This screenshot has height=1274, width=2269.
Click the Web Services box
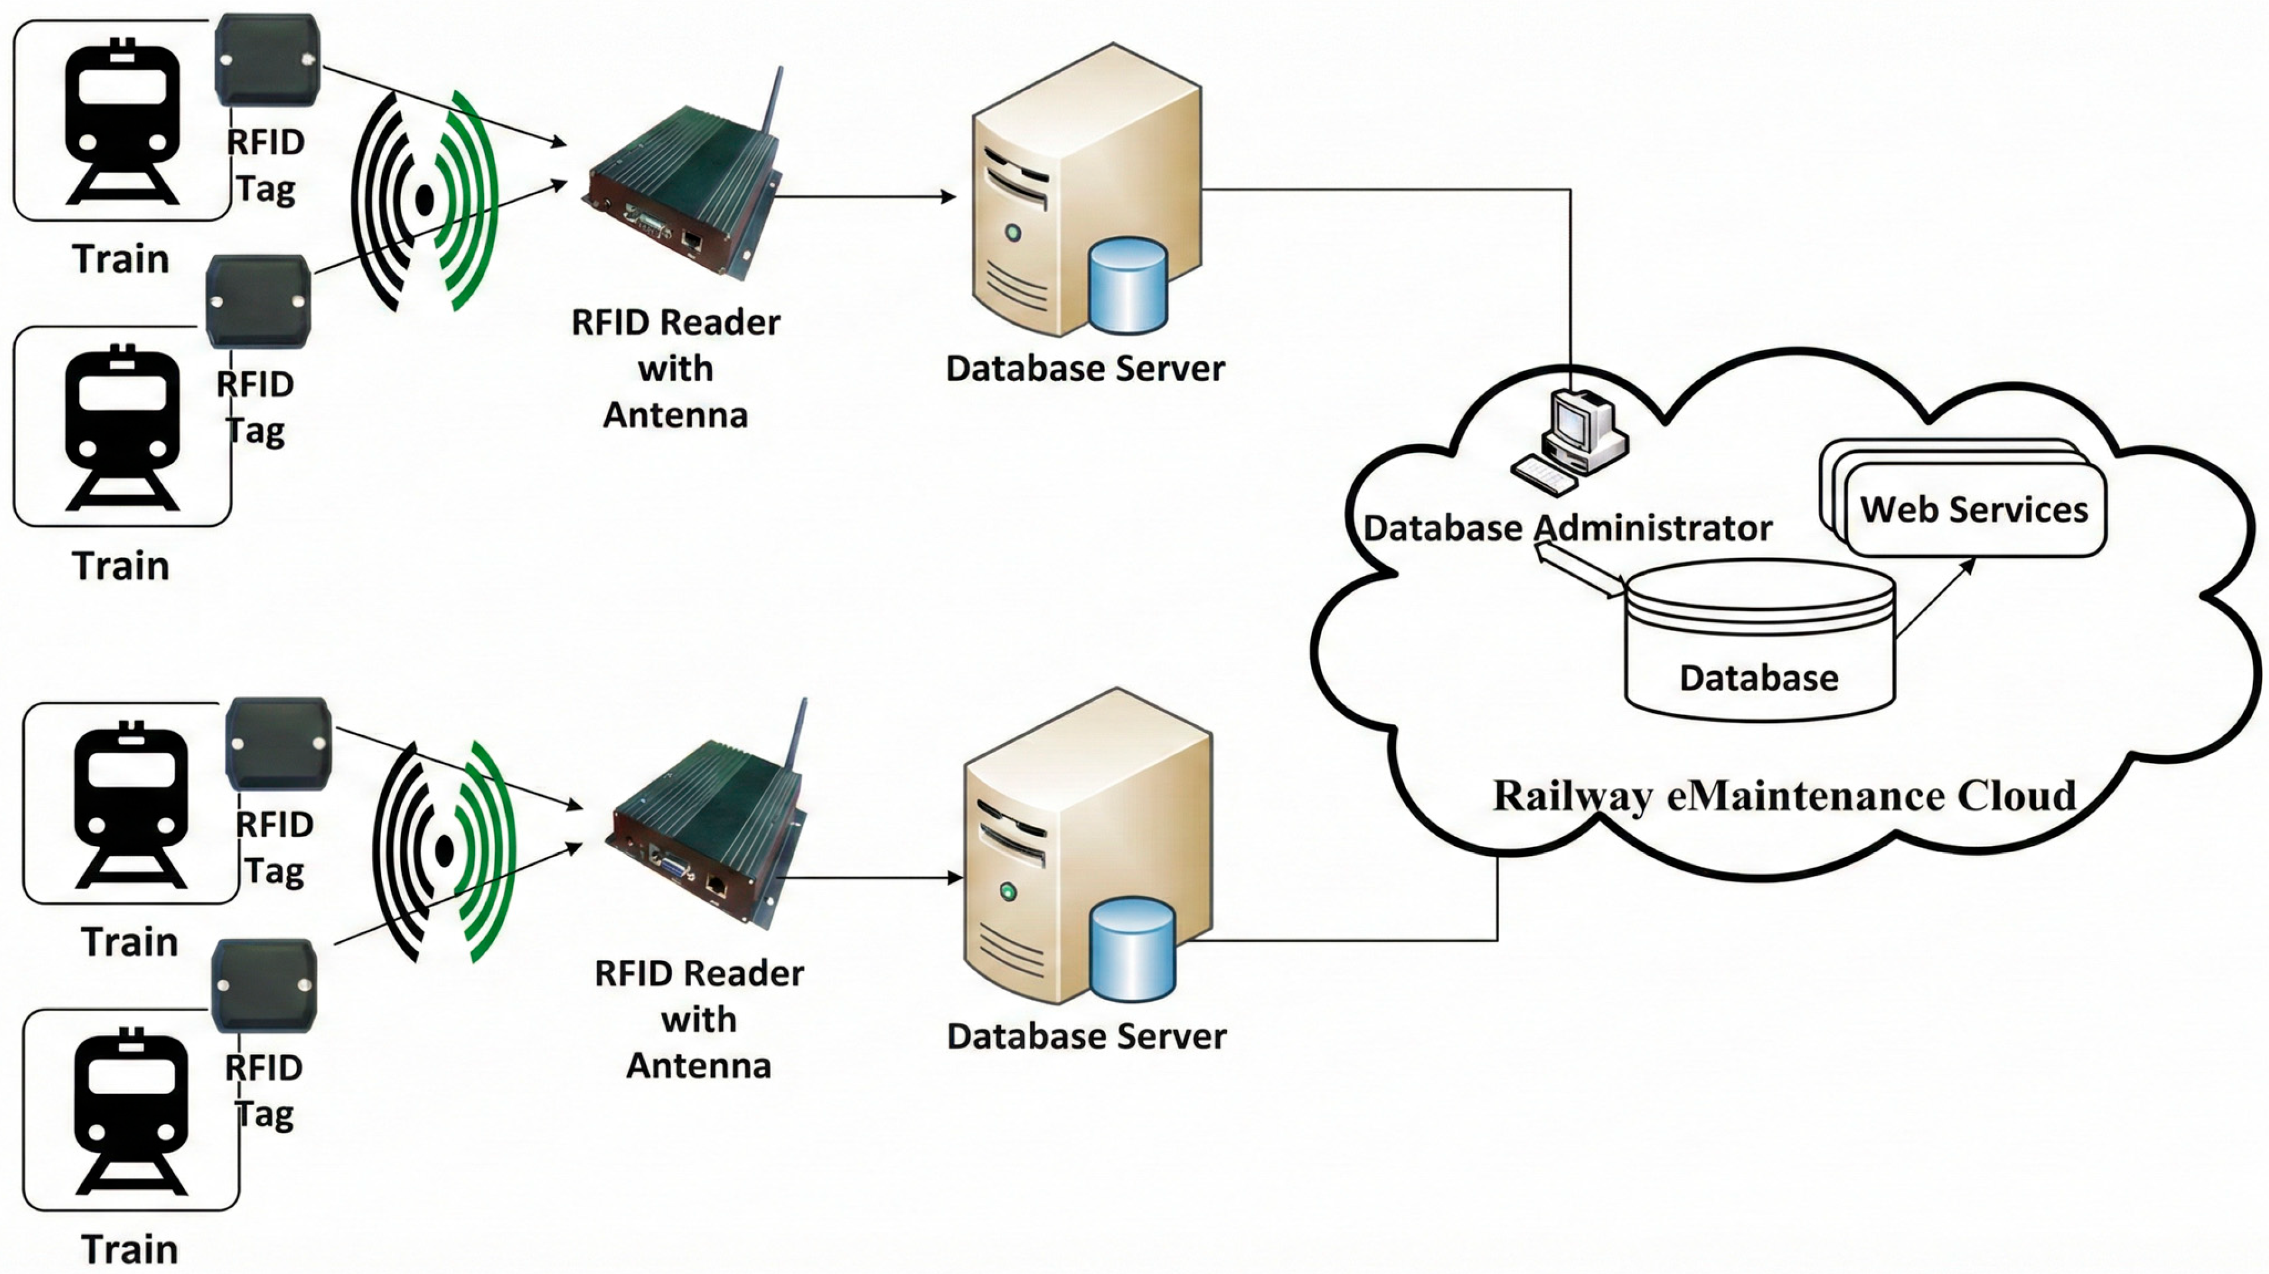(x=1973, y=509)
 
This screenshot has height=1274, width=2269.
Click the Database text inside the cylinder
(x=1759, y=678)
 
